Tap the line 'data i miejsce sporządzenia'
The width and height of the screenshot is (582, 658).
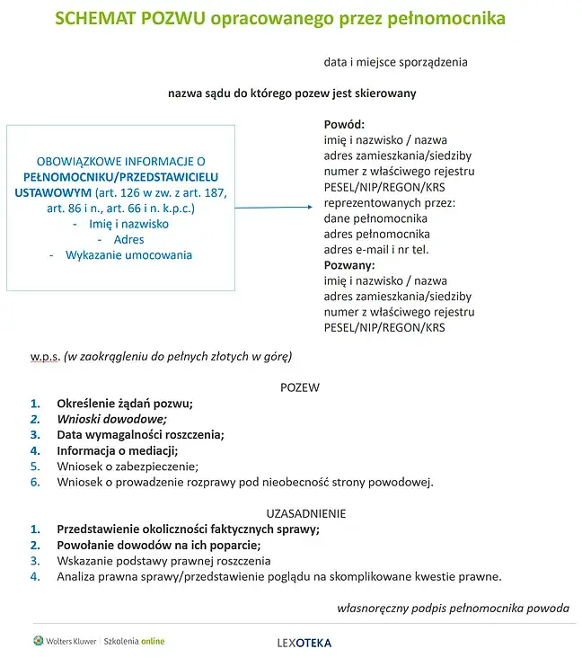click(395, 63)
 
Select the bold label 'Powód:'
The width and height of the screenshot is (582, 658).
click(344, 125)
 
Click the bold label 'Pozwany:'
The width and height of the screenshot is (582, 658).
click(349, 265)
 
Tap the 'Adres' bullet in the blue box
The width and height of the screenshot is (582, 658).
click(128, 240)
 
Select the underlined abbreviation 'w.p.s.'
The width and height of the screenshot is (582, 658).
click(45, 356)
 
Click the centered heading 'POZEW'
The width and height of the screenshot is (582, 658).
click(300, 387)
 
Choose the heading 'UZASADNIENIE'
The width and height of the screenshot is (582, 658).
click(300, 513)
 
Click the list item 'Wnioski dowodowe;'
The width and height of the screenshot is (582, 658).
click(112, 419)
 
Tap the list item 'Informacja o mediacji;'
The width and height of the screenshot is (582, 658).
click(118, 450)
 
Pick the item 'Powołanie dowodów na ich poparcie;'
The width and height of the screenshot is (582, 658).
click(158, 545)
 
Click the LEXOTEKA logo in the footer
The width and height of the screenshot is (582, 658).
click(304, 643)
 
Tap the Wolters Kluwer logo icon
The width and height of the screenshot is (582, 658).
click(38, 641)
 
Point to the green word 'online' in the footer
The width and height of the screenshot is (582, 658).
click(152, 641)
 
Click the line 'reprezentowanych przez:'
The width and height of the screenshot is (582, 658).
click(389, 203)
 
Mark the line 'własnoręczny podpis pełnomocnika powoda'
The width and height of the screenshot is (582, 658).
click(453, 608)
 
